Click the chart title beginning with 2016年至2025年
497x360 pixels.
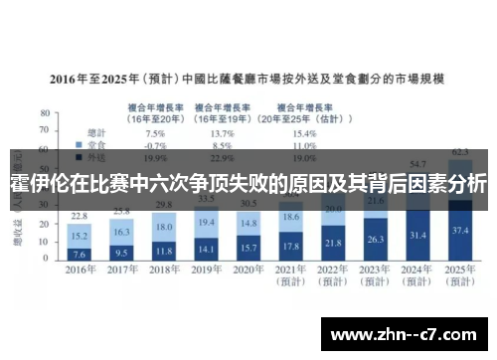tap(248, 77)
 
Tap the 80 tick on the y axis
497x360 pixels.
tap(44, 114)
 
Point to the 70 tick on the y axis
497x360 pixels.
tap(44, 132)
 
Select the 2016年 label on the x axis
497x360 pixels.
tap(80, 270)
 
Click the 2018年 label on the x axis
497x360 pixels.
tap(165, 270)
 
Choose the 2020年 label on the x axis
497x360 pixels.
tap(249, 270)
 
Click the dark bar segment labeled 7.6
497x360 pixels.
tap(80, 253)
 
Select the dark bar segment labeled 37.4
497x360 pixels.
tap(459, 229)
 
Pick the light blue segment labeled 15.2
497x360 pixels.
tap(80, 237)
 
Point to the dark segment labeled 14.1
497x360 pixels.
tap(207, 249)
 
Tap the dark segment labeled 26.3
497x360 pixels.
tap(376, 239)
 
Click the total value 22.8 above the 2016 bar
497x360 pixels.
tap(80, 216)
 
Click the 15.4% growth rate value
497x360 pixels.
tap(304, 132)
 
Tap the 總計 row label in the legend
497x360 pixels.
tap(97, 132)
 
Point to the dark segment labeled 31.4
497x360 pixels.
tap(417, 235)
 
